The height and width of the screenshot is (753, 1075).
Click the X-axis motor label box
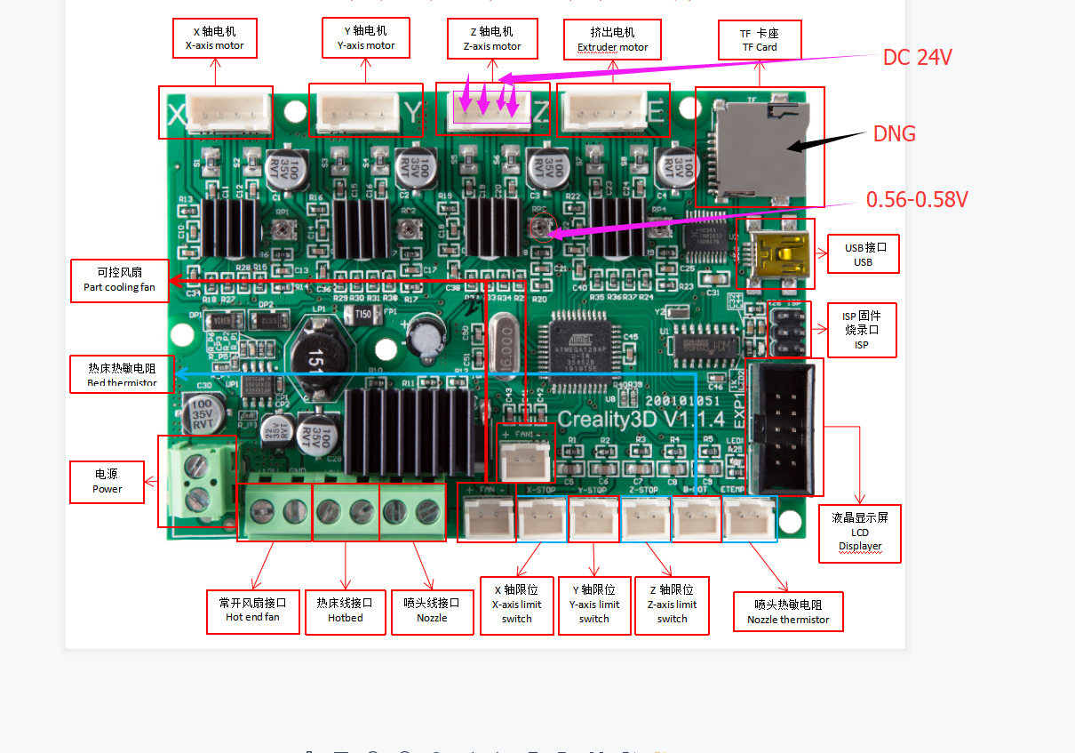click(214, 38)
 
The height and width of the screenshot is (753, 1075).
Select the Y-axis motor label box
click(365, 38)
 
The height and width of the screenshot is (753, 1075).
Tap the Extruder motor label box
click(613, 40)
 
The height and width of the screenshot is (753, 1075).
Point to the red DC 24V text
click(917, 58)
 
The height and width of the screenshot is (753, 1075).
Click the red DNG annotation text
click(894, 134)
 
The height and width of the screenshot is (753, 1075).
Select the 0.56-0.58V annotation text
click(917, 200)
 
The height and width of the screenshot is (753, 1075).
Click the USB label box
click(863, 254)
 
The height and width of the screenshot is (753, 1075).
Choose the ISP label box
click(861, 330)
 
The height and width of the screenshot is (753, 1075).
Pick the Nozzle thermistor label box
click(788, 612)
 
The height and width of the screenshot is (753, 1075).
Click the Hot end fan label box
click(252, 609)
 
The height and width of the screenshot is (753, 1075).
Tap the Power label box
click(107, 481)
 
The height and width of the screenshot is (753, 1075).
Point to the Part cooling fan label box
click(120, 280)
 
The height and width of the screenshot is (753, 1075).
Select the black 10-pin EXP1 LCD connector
click(782, 428)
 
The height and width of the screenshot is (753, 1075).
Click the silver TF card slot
click(756, 147)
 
